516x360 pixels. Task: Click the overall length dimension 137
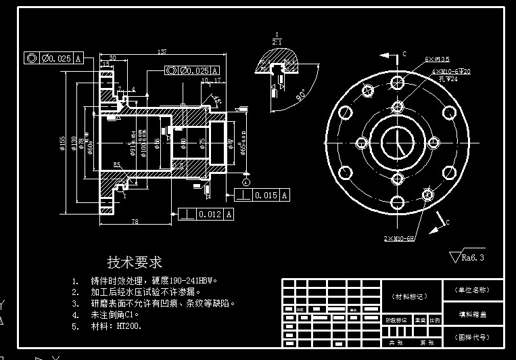[x=162, y=52]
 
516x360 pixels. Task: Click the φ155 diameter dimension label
[x=63, y=143]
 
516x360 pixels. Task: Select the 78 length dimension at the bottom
[x=135, y=221]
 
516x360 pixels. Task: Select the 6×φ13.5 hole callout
[x=437, y=59]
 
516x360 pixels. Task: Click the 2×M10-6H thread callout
[x=399, y=239]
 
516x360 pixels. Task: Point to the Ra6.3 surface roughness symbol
[x=467, y=257]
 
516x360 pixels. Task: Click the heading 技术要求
[x=135, y=262]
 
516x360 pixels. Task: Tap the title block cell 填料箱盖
[x=473, y=313]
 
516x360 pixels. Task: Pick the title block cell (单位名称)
[x=473, y=290]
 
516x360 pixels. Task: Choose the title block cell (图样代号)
[x=473, y=336]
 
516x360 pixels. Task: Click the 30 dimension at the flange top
[x=112, y=58]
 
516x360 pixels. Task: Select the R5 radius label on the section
[x=117, y=164]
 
